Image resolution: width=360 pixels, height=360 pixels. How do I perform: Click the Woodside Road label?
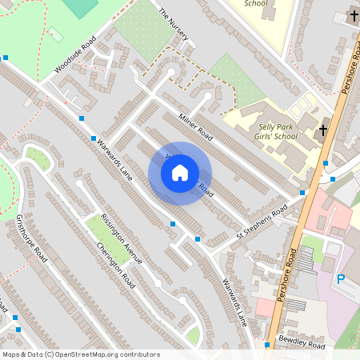click(75, 54)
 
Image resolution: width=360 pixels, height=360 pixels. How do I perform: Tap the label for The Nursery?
click(174, 25)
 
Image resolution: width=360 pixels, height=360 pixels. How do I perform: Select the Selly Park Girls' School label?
click(278, 131)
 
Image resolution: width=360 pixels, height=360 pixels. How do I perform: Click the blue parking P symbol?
click(340, 279)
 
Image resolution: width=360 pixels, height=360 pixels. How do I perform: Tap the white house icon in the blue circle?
click(180, 173)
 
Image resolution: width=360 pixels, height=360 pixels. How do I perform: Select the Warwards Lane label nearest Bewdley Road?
click(236, 302)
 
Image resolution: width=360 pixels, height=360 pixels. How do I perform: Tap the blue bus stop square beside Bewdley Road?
click(267, 345)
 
